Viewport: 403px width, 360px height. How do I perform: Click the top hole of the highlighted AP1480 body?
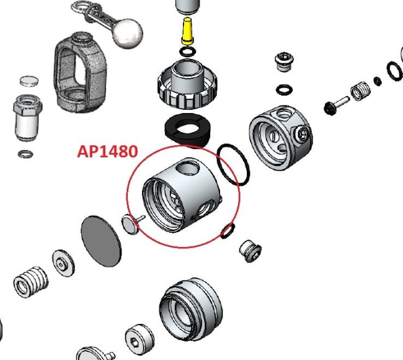(185, 169)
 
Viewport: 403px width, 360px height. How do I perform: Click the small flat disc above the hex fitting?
(29, 80)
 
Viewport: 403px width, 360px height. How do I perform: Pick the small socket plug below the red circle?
(250, 250)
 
